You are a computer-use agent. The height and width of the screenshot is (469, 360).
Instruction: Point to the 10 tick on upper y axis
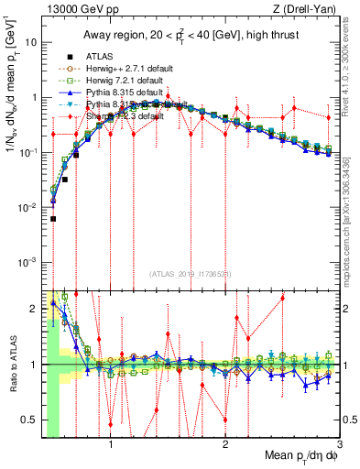32,43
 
